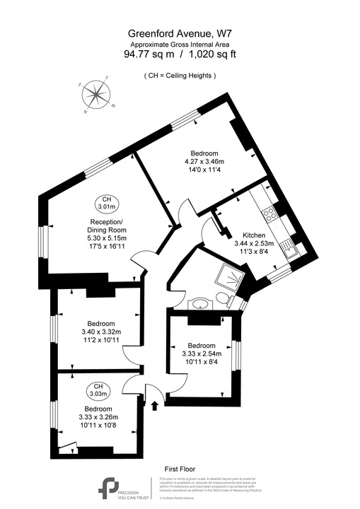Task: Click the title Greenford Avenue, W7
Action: point(179,33)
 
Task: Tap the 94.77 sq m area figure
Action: point(149,53)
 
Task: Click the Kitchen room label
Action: point(254,235)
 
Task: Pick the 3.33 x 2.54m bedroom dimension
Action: point(202,354)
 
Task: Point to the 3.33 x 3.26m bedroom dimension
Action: point(98,418)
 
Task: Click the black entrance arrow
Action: point(155,405)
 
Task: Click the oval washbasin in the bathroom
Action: point(201,305)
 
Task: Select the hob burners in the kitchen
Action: point(270,211)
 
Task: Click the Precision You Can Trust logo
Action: point(111,489)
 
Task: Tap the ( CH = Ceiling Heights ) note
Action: point(180,75)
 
